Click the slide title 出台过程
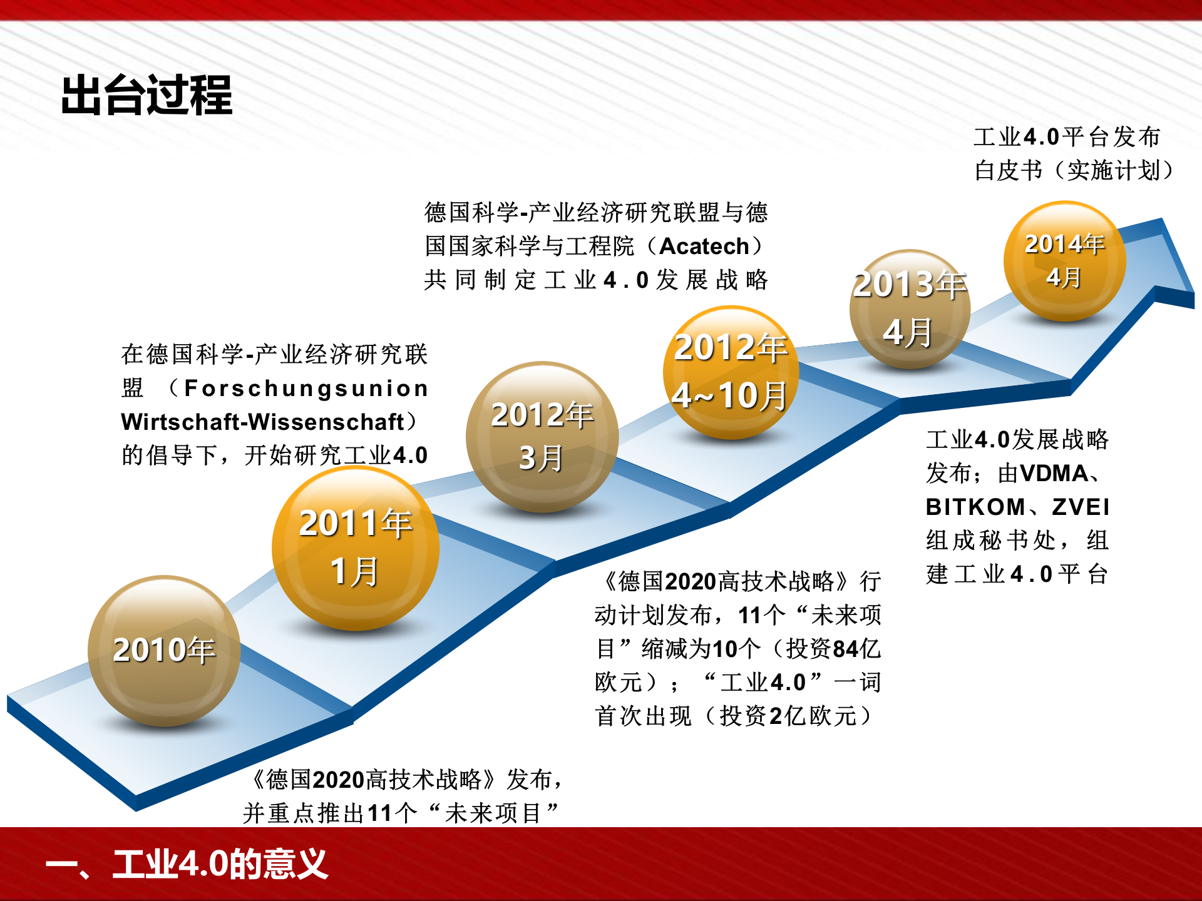[x=146, y=95]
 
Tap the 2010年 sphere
[x=164, y=651]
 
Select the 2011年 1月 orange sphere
[x=355, y=547]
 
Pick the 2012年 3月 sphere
[x=542, y=436]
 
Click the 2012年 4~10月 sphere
[x=730, y=372]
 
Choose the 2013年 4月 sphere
[x=910, y=308]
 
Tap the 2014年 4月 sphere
[x=1064, y=260]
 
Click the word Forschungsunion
[x=306, y=389]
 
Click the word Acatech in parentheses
[x=704, y=247]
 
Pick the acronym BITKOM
[x=975, y=507]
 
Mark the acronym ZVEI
[x=1081, y=507]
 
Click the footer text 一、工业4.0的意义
[x=187, y=864]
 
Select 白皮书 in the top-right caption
[x=1008, y=170]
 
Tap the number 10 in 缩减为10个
[x=725, y=649]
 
